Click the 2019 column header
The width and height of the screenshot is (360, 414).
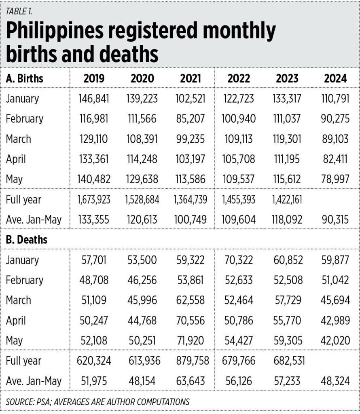94,78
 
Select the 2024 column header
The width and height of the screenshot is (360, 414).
335,78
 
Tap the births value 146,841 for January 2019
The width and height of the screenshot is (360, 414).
94,99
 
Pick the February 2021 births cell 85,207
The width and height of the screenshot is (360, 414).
191,118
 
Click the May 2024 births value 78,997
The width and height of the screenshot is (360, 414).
335,179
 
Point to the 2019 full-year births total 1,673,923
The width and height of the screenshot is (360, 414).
94,199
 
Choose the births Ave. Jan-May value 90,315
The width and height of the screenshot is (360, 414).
335,220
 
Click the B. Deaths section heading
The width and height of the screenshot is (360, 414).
26,239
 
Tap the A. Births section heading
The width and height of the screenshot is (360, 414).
25,78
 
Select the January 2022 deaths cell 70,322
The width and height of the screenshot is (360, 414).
239,260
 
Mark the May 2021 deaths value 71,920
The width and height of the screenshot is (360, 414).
191,340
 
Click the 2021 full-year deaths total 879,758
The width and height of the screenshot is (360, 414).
193,360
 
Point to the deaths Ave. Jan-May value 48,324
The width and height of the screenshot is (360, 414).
335,381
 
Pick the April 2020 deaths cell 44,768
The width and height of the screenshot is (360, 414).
142,320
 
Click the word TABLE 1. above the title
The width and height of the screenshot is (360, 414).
19,11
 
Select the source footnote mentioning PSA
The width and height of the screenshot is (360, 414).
97,401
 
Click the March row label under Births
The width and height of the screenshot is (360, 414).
18,139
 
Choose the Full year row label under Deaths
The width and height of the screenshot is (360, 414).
23,360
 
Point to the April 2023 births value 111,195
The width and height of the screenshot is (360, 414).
287,159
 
